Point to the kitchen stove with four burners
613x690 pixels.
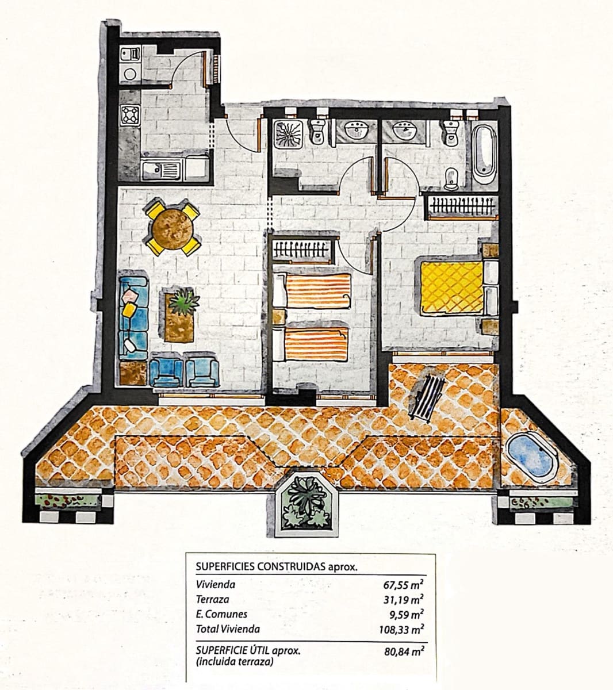point(130,115)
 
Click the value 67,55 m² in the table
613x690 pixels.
point(404,586)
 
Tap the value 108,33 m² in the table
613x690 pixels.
point(401,629)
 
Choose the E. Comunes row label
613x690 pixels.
point(221,615)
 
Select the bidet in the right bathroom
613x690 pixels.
point(451,179)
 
